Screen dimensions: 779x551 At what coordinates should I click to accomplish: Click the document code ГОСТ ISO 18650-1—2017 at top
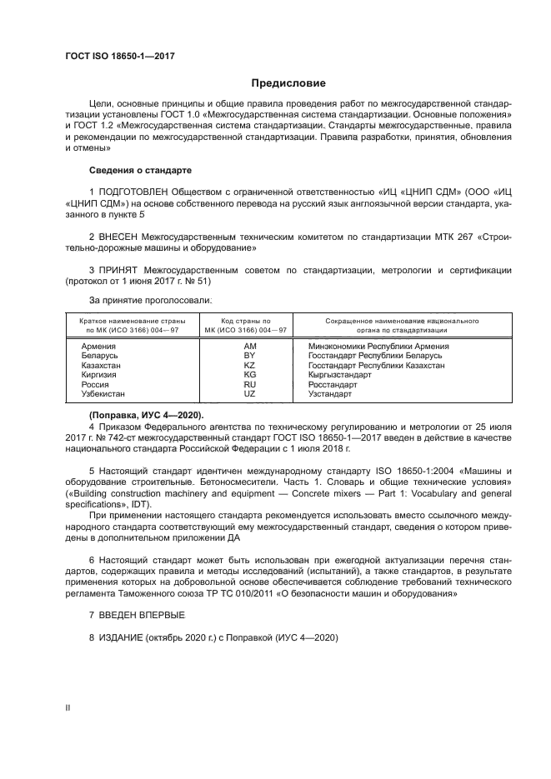coord(119,56)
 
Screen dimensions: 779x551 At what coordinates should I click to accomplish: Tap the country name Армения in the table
coord(98,345)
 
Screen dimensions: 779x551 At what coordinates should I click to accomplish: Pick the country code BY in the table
coord(248,355)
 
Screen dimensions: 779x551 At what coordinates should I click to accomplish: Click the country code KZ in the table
coord(248,365)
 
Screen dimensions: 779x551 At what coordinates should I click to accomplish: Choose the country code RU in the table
coord(248,385)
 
